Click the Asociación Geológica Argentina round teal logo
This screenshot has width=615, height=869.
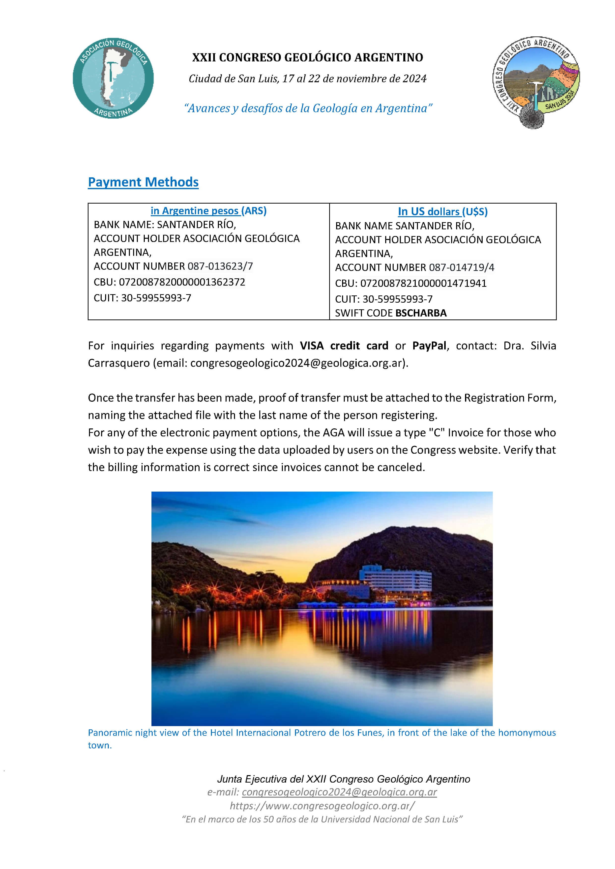point(113,78)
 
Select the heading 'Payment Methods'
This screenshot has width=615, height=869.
point(143,182)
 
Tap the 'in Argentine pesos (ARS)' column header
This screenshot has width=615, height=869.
point(208,211)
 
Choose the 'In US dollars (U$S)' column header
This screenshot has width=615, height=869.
point(442,211)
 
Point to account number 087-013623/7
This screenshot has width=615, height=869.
point(220,266)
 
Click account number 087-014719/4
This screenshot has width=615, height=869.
point(462,268)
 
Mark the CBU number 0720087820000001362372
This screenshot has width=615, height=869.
point(182,282)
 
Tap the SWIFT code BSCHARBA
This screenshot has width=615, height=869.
point(421,313)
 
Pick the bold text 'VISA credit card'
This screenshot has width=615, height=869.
point(344,345)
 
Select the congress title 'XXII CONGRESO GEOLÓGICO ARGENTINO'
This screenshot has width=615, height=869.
point(307,57)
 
